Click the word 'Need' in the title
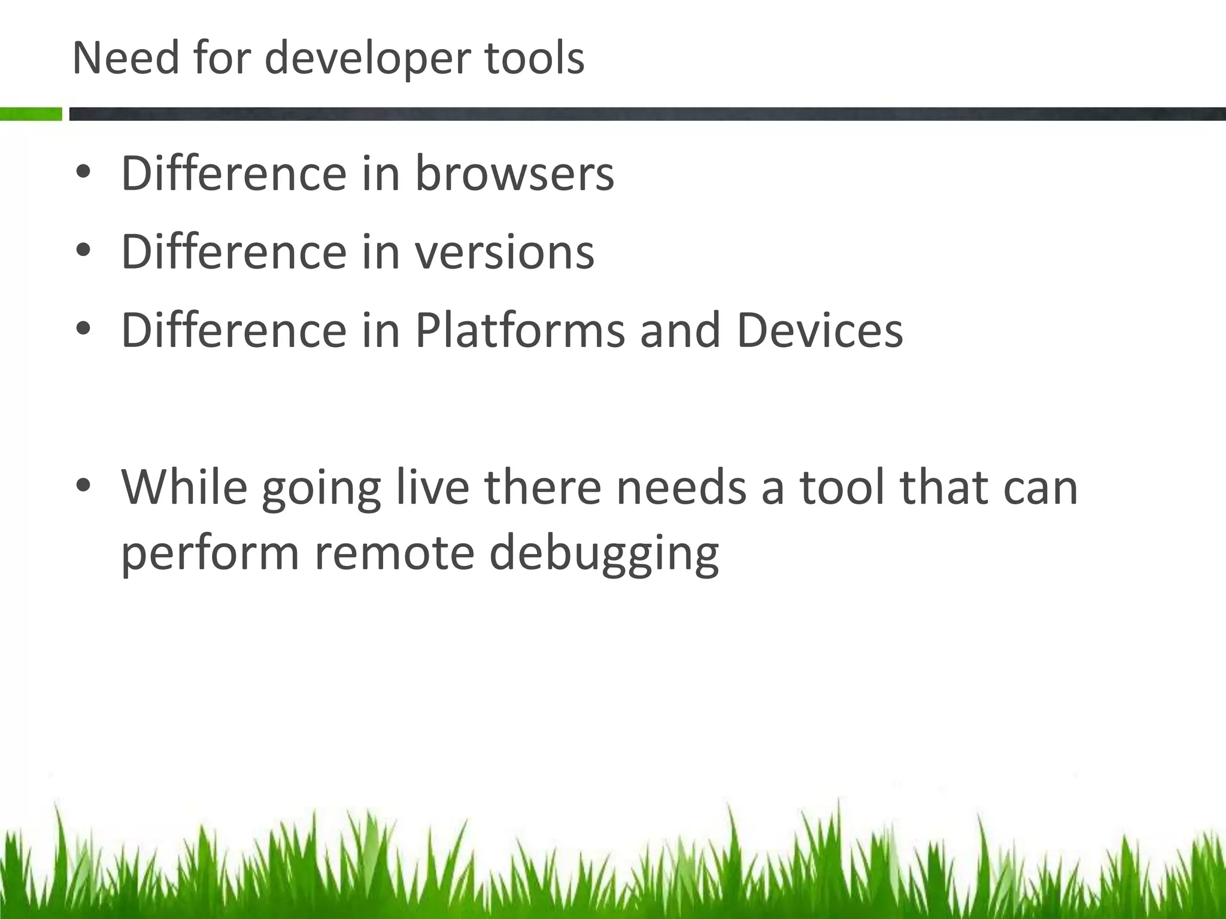tap(125, 58)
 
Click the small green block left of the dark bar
tap(31, 114)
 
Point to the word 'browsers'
tap(514, 174)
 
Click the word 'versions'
tap(504, 252)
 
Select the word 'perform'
tap(210, 553)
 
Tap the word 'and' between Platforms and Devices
tap(679, 330)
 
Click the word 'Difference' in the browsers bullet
tap(233, 174)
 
